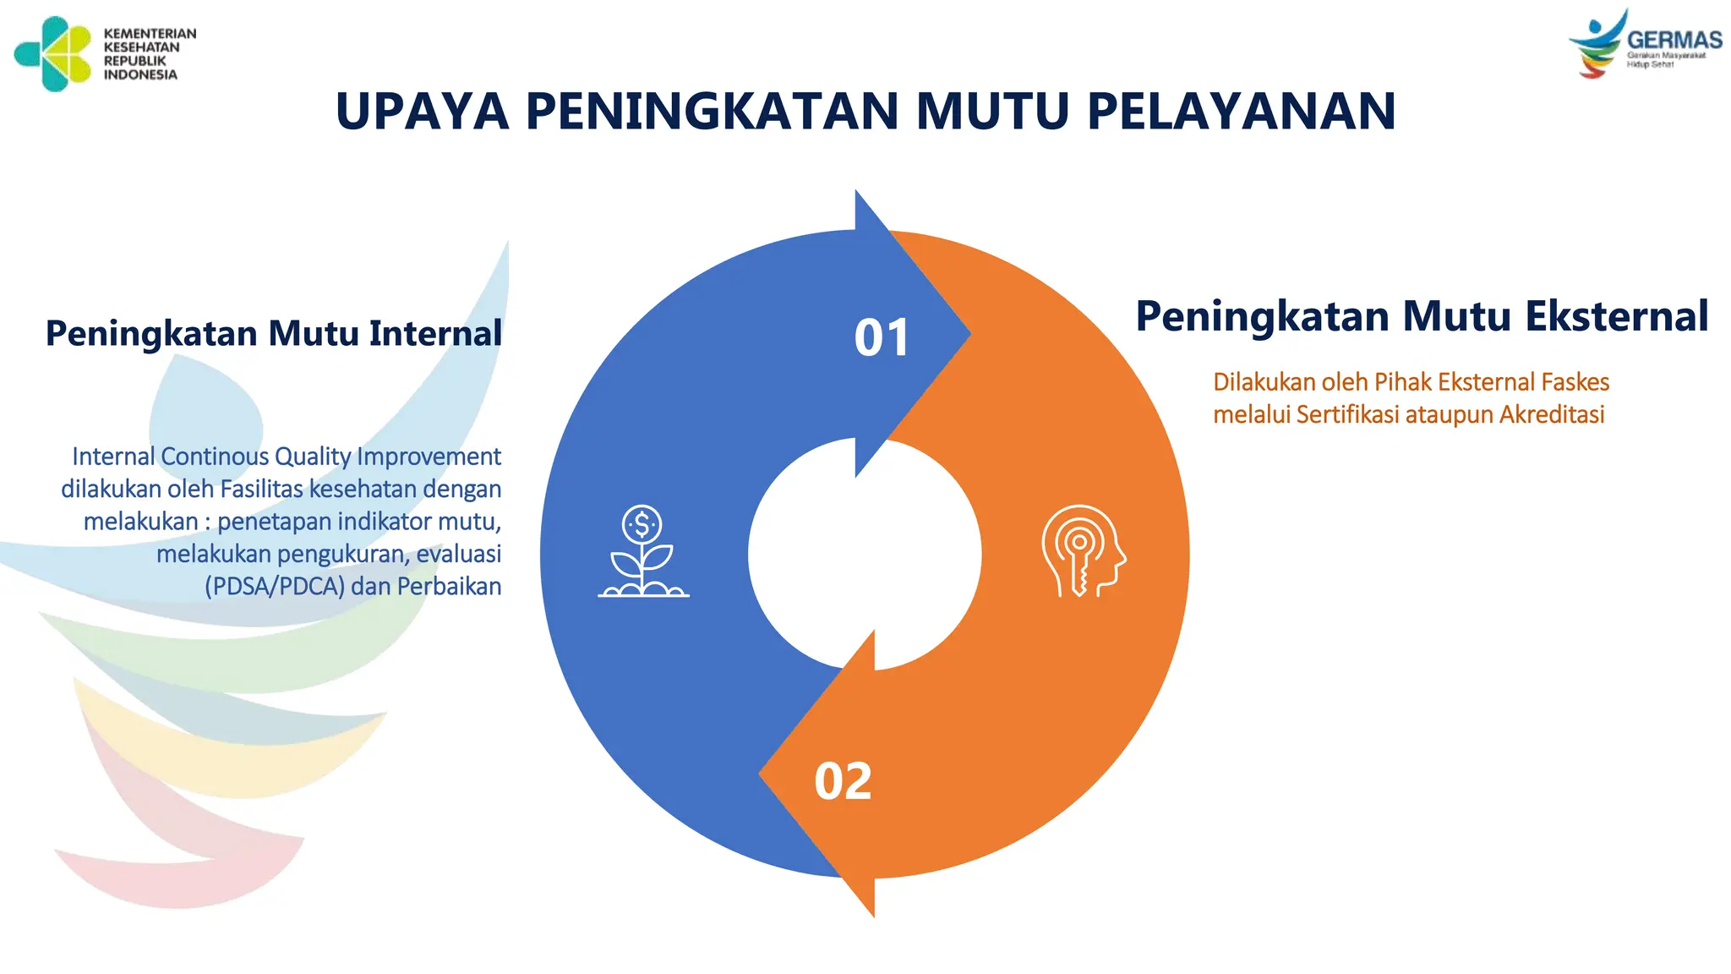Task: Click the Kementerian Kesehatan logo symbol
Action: (52, 53)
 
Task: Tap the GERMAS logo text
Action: (1674, 40)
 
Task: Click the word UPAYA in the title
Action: (422, 112)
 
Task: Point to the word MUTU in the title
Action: (992, 112)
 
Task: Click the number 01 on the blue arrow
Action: (882, 337)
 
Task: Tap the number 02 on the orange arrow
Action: (843, 781)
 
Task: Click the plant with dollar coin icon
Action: (643, 551)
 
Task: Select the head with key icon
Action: (1083, 551)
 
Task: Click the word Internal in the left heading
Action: (435, 333)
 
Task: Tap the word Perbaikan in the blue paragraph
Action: (449, 587)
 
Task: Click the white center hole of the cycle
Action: (865, 555)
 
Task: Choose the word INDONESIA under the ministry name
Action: (140, 75)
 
